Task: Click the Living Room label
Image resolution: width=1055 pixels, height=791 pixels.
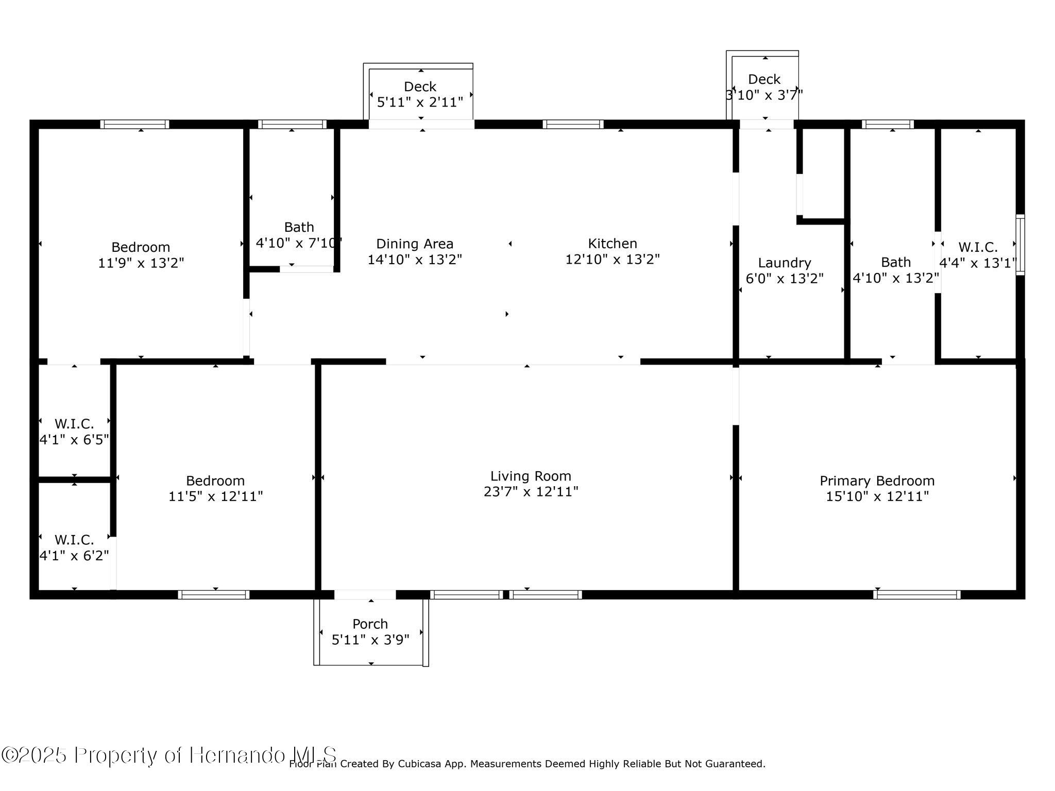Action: pos(531,476)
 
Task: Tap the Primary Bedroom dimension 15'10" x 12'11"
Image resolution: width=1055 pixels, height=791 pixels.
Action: pos(877,496)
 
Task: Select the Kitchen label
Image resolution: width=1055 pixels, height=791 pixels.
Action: pos(612,243)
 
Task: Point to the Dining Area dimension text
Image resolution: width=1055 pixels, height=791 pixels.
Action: pos(415,260)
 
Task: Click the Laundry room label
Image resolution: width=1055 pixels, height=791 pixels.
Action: pos(785,263)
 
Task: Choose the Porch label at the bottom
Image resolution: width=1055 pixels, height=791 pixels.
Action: pos(370,624)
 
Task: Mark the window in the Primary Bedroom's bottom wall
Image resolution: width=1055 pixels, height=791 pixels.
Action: pos(917,595)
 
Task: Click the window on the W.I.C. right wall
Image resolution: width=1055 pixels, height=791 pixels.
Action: pos(1020,245)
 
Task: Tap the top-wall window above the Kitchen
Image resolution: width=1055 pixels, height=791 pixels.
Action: pos(573,124)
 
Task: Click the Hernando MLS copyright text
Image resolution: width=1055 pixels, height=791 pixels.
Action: pos(170,755)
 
